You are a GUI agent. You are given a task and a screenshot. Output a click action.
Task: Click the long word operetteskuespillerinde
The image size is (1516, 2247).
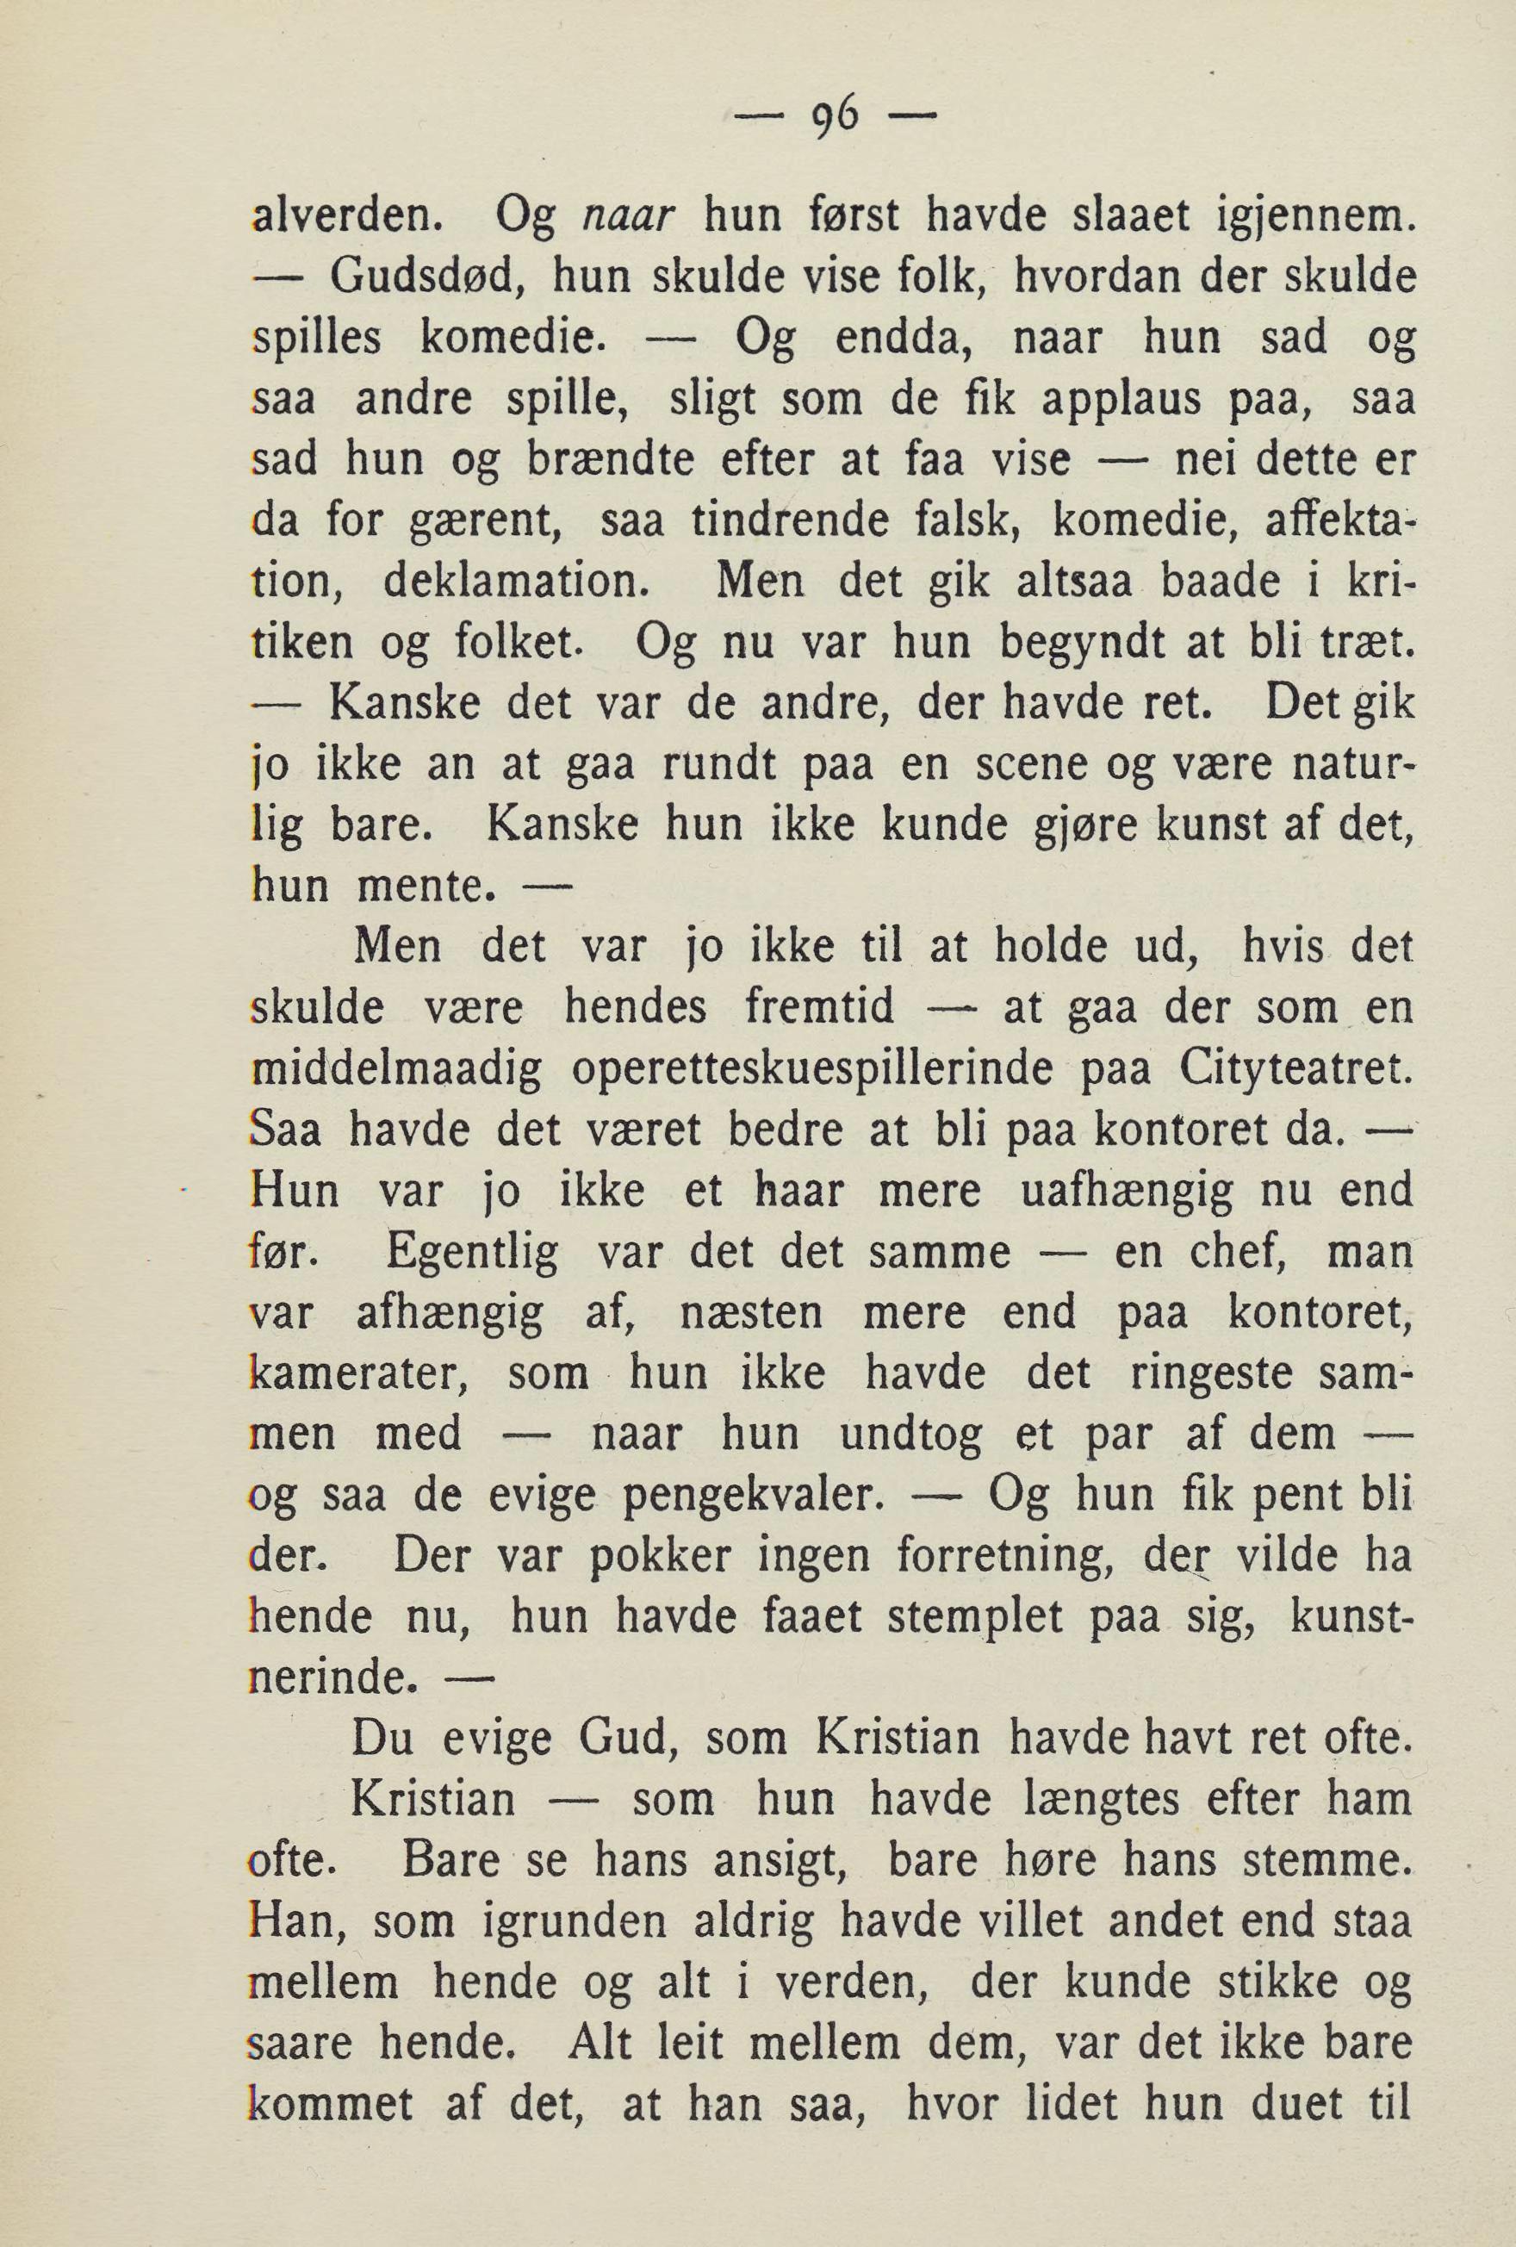(814, 1070)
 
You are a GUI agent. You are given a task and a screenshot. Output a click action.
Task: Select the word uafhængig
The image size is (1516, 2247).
(1128, 1192)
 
